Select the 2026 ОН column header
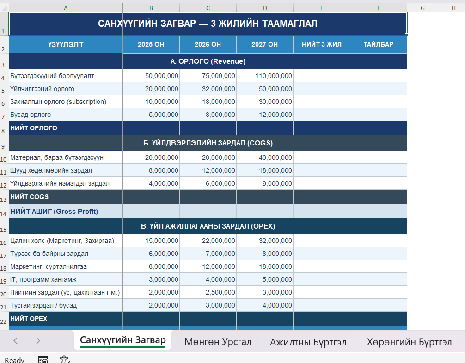(x=208, y=44)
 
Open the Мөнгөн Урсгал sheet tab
(x=218, y=342)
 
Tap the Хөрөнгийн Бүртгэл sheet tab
(x=409, y=342)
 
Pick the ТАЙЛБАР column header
(x=378, y=44)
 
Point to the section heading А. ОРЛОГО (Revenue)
(x=208, y=61)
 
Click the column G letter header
(x=422, y=8)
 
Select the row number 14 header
(x=4, y=214)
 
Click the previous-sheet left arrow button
(x=16, y=341)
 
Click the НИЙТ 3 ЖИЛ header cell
(x=321, y=44)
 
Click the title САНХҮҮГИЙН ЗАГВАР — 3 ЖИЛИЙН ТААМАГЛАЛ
(x=208, y=24)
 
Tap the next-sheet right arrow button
(x=38, y=341)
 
